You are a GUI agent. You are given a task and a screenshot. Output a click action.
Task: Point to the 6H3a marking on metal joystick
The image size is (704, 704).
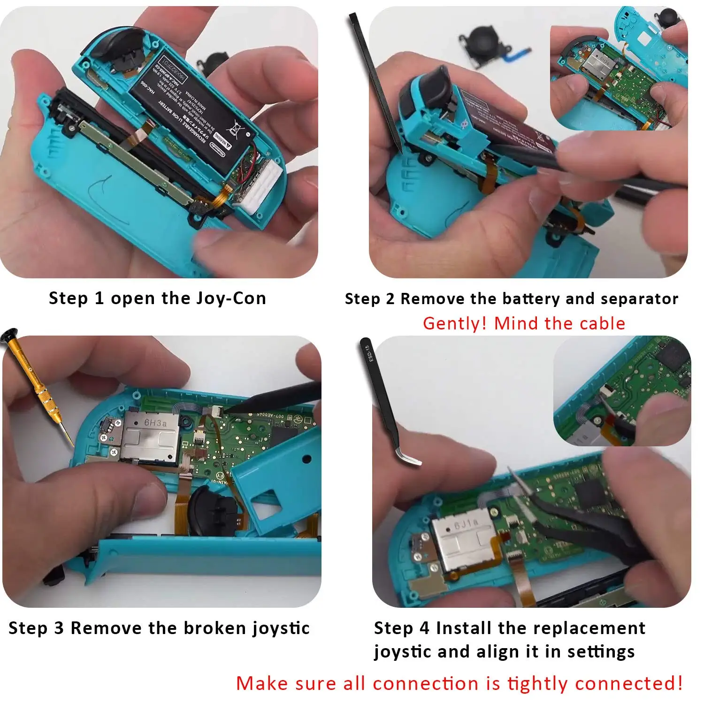point(155,423)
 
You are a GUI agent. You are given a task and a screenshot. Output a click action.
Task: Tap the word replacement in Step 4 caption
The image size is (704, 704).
point(589,628)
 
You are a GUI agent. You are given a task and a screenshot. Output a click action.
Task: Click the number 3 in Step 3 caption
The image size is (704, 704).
point(59,628)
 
